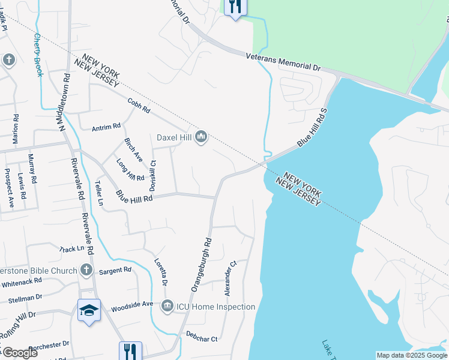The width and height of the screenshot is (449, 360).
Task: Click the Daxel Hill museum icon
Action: (x=200, y=137)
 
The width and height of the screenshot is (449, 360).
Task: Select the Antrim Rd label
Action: (x=106, y=127)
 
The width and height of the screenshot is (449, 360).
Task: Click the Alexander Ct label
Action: (x=230, y=278)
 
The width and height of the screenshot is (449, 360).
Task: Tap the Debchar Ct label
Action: (x=201, y=338)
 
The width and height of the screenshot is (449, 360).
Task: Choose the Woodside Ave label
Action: (x=131, y=305)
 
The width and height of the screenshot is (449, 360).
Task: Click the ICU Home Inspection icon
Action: (x=167, y=307)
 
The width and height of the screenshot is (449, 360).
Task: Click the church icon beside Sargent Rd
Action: (x=86, y=270)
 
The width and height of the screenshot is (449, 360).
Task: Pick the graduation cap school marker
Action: (x=89, y=310)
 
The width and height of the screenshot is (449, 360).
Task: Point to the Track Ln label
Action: (x=71, y=248)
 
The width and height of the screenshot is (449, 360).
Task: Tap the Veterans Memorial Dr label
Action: (x=283, y=62)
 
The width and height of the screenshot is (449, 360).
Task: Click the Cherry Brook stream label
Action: (x=38, y=55)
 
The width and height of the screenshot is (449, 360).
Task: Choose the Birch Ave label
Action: (x=133, y=150)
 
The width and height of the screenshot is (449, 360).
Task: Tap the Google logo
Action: (x=19, y=353)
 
